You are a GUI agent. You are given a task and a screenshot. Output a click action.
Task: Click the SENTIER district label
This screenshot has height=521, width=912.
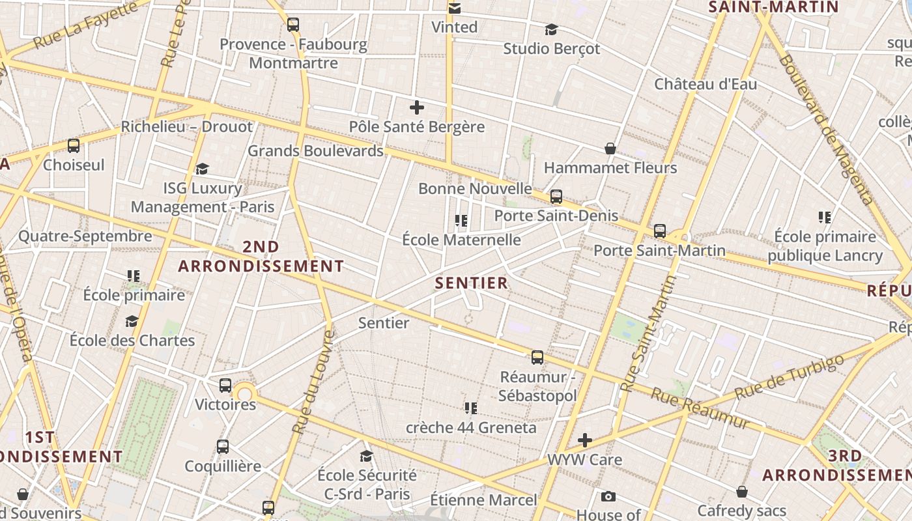pos(471,283)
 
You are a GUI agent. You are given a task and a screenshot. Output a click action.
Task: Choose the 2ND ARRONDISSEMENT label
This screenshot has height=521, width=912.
pos(261,257)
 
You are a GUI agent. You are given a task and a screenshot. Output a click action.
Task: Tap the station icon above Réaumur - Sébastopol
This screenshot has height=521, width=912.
pos(537,357)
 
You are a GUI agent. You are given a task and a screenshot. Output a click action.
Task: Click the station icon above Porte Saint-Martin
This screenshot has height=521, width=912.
pos(660,231)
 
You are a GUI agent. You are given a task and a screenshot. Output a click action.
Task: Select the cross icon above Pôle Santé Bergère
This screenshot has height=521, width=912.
pos(417,107)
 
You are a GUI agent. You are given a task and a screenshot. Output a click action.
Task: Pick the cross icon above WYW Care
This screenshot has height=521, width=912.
pos(585,440)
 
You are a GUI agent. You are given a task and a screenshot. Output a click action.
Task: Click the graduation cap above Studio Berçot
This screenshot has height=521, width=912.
pos(551,29)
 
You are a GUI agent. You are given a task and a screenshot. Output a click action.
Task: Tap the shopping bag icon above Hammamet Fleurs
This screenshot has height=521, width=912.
pos(610,148)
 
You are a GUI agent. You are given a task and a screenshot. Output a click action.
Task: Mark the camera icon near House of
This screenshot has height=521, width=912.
pos(608,497)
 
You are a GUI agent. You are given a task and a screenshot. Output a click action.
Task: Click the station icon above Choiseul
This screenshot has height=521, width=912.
pos(74,145)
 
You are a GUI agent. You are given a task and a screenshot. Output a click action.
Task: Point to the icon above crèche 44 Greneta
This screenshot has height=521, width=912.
pos(471,408)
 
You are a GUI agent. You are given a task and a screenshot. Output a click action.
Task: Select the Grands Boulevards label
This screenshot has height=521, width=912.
pos(315,151)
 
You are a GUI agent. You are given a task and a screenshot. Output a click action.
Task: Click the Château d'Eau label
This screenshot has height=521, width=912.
pos(705,84)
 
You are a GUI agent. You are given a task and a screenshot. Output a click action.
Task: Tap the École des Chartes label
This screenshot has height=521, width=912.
pos(132,340)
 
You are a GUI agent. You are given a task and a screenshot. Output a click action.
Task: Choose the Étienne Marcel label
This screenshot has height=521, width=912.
pos(483,500)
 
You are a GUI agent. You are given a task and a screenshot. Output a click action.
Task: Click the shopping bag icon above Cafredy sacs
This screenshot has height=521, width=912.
pos(742,491)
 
